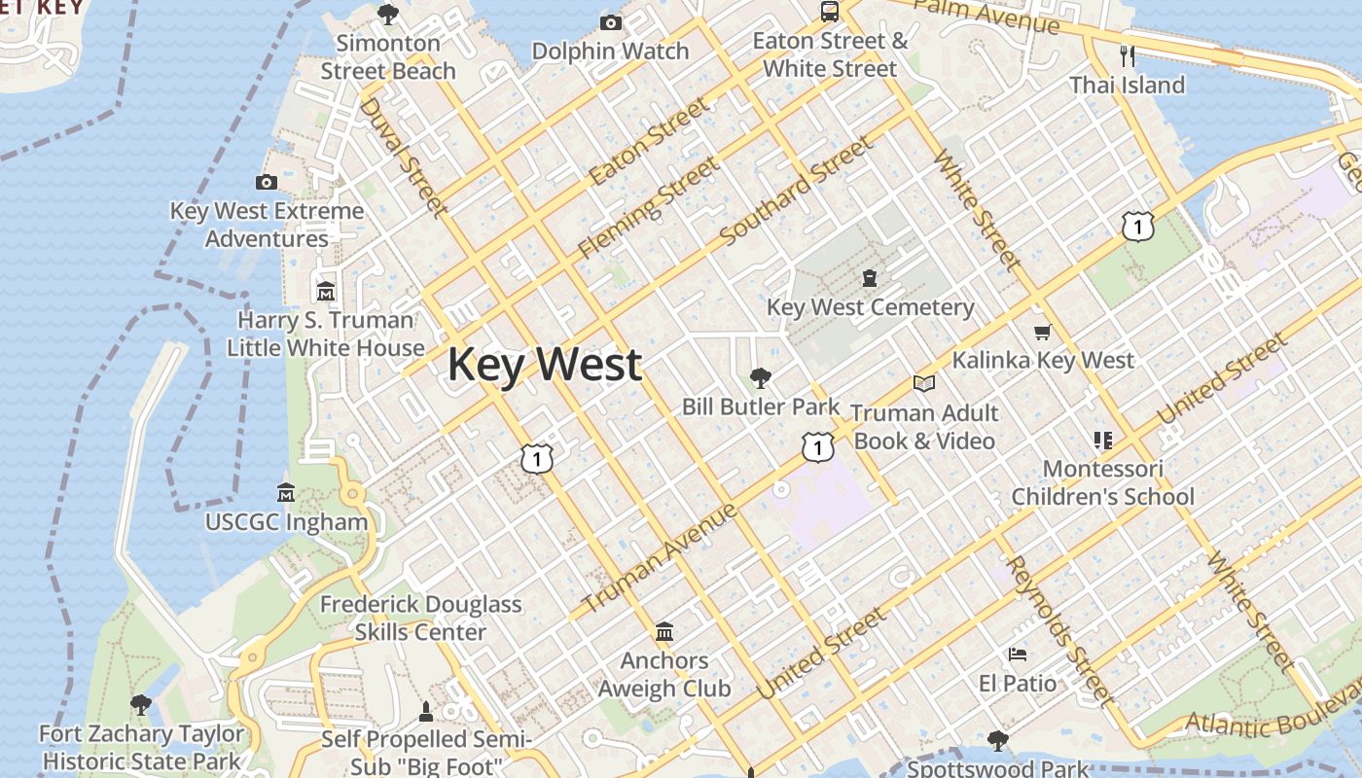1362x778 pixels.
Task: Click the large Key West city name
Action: click(545, 365)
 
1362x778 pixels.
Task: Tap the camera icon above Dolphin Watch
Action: click(611, 23)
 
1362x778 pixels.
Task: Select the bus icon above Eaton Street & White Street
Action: click(830, 12)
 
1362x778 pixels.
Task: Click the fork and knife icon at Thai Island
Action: click(1128, 55)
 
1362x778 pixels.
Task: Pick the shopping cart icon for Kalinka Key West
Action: click(1043, 333)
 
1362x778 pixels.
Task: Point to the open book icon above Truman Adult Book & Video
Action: click(923, 384)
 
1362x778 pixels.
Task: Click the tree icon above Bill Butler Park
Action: click(761, 378)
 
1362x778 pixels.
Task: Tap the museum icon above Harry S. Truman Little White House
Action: click(326, 291)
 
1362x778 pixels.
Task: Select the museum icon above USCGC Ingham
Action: click(286, 492)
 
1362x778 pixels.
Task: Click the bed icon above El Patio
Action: click(1018, 654)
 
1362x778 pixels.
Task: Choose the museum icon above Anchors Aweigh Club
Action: click(664, 632)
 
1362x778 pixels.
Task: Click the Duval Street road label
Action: click(403, 156)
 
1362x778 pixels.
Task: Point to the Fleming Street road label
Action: click(649, 207)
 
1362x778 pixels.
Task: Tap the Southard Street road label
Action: click(796, 192)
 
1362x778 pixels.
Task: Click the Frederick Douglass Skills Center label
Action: click(421, 618)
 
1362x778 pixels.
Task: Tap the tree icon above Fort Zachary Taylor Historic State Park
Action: click(141, 704)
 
